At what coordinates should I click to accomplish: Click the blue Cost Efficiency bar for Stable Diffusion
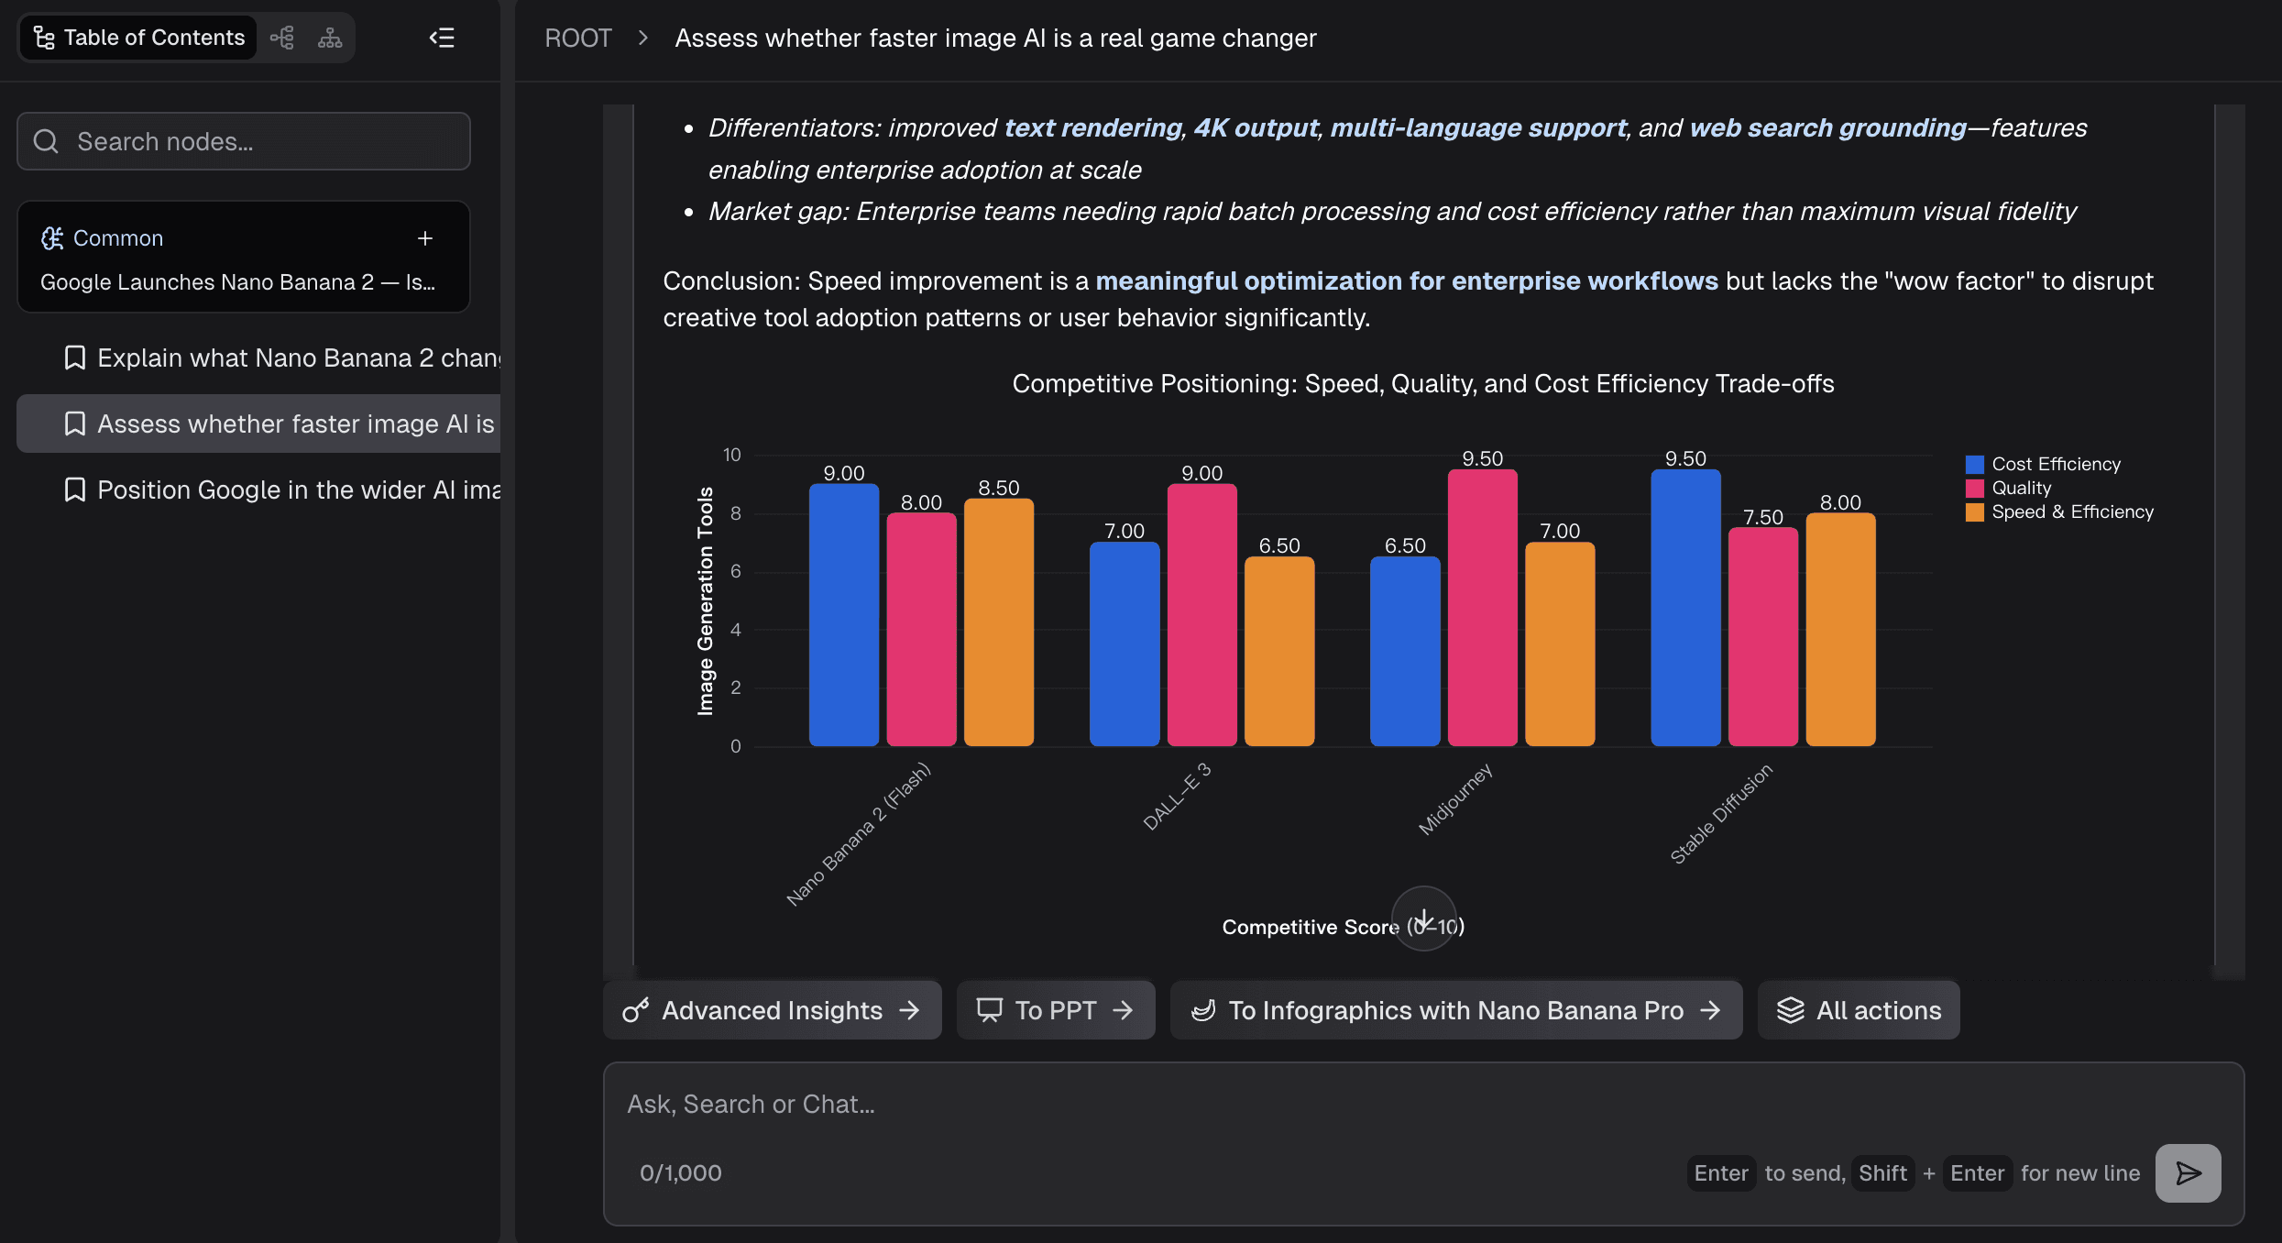[1685, 609]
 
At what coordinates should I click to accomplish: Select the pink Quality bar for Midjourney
[1482, 609]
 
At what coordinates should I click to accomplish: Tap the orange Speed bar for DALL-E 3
[1279, 652]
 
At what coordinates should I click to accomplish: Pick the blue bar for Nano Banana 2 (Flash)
[843, 615]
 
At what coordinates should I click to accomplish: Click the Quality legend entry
[2021, 488]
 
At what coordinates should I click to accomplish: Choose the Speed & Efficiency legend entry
[2072, 511]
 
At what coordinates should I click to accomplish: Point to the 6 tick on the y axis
[736, 571]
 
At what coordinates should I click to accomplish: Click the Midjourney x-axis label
[1455, 799]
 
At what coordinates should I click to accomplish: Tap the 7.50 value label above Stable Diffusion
[1762, 517]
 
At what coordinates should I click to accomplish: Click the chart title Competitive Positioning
[1422, 383]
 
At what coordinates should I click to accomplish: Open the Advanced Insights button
[772, 1010]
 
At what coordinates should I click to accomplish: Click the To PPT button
[1055, 1010]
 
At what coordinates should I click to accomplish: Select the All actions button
[1859, 1010]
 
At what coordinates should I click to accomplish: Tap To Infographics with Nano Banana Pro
[1455, 1010]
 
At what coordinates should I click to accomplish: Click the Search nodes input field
[244, 141]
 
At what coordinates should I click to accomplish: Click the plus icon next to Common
[425, 238]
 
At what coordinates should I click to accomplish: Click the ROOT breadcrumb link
[577, 38]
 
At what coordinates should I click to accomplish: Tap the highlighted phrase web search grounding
[1827, 127]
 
